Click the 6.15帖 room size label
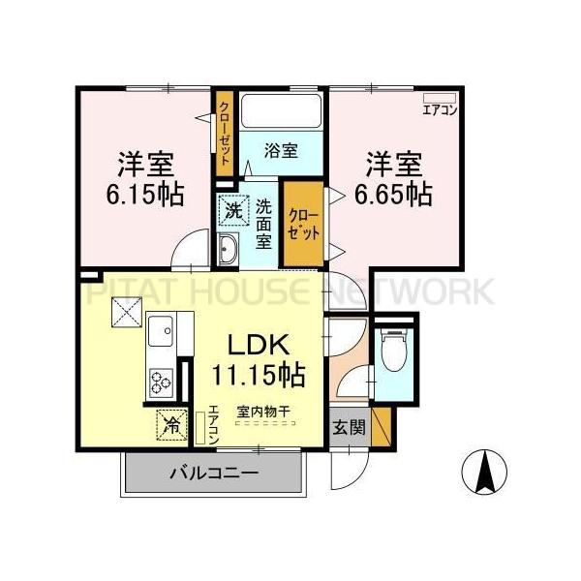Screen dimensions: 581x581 point(145,193)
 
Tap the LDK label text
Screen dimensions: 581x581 point(256,345)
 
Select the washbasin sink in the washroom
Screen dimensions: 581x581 point(229,250)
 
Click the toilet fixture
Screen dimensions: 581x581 point(392,352)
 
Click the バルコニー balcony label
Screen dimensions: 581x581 point(213,474)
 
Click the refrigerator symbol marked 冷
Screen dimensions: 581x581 point(170,424)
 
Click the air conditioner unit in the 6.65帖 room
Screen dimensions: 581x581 point(440,97)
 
